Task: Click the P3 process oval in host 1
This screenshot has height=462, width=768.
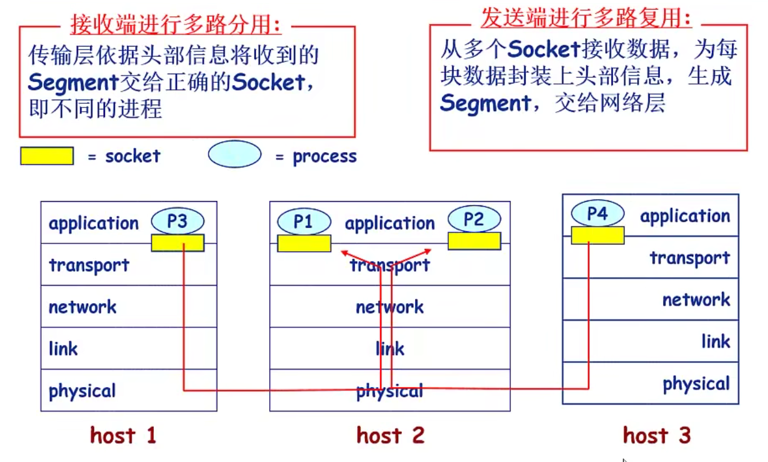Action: point(177,222)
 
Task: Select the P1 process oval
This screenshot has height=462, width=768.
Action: point(304,222)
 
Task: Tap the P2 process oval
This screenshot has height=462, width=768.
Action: point(474,220)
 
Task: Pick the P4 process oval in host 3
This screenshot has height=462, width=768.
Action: point(597,214)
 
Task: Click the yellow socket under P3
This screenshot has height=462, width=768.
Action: point(177,243)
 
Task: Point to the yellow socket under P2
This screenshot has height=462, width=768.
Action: point(474,241)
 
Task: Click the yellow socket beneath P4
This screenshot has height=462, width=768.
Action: point(597,236)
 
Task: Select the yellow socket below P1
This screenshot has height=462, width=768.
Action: point(304,243)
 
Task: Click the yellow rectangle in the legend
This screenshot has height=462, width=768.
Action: point(47,156)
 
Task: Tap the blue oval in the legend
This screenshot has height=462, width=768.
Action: point(235,155)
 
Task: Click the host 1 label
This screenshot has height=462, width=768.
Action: point(123,435)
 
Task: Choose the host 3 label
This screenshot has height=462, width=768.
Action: point(656,435)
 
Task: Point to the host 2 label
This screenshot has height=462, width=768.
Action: point(390,435)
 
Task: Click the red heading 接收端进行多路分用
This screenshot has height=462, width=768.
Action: point(176,25)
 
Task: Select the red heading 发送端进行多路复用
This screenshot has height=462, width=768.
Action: point(586,18)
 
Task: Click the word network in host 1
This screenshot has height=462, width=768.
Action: point(83,307)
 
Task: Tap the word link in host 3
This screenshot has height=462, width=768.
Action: point(716,342)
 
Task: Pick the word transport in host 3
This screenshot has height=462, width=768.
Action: point(690,258)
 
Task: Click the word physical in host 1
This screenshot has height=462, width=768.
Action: point(82,391)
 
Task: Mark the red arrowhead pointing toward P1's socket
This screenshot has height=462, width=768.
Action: point(344,252)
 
